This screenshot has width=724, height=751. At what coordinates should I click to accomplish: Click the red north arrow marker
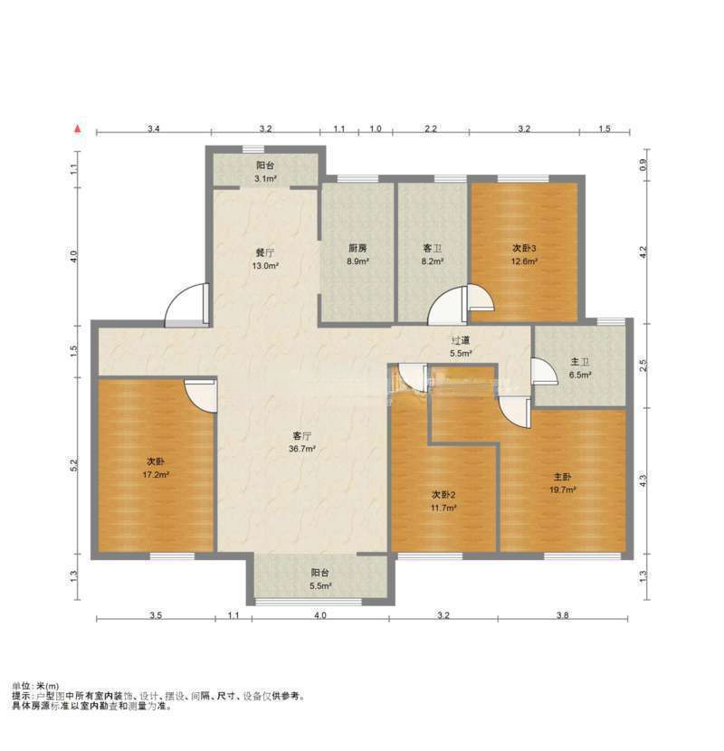[81, 129]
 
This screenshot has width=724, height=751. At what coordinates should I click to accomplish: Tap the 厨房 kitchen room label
[357, 248]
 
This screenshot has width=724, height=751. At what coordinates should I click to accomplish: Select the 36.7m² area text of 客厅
[302, 449]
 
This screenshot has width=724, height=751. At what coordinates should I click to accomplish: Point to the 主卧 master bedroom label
[563, 477]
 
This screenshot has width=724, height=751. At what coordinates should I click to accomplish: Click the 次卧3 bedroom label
[525, 248]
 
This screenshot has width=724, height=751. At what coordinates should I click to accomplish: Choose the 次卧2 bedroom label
[443, 494]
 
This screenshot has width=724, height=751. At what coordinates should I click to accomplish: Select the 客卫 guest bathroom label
[432, 248]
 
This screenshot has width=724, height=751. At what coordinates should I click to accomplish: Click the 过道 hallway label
[461, 340]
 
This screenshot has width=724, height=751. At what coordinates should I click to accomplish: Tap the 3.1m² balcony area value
[265, 179]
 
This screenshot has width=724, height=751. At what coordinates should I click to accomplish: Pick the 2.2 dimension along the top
[431, 129]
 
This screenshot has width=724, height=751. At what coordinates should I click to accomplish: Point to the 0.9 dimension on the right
[643, 165]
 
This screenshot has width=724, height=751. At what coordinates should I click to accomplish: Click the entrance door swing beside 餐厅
[187, 308]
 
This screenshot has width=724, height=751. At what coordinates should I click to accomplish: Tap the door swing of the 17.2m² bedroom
[201, 395]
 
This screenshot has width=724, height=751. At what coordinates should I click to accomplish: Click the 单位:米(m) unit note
[35, 686]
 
